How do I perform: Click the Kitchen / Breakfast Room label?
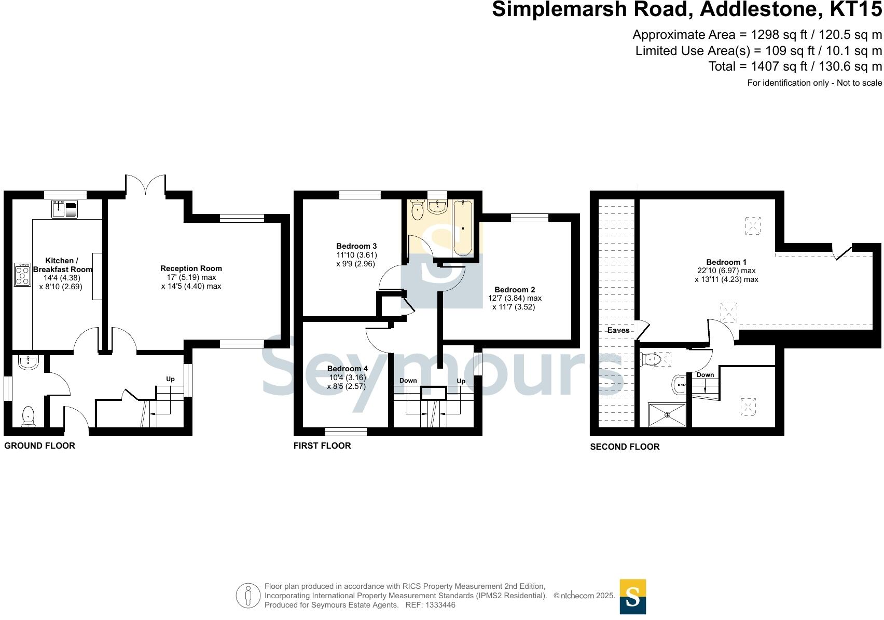tap(62, 265)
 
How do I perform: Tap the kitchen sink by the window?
tap(65, 209)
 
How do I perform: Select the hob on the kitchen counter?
tap(23, 274)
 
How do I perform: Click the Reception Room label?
tap(191, 268)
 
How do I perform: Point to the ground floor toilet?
tap(29, 416)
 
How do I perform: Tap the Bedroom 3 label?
tap(356, 246)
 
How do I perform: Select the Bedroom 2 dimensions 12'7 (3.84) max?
tap(515, 298)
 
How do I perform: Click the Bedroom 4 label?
tap(347, 369)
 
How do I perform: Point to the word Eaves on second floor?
tap(618, 330)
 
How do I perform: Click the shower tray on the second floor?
tap(667, 414)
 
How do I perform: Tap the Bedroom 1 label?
tap(726, 262)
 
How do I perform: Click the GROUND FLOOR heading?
tap(39, 446)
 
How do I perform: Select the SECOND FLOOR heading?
tap(625, 447)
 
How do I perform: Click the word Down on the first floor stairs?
tap(408, 381)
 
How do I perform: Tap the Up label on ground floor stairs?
tap(170, 379)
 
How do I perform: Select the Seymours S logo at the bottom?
tap(632, 597)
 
